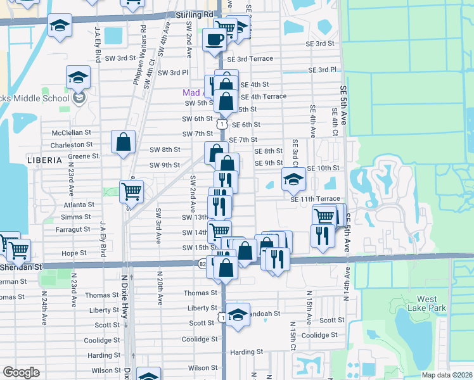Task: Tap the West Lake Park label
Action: click(432, 303)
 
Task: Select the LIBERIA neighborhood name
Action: click(44, 161)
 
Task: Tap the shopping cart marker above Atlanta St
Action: click(131, 190)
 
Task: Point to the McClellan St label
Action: click(72, 133)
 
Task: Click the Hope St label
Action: click(74, 253)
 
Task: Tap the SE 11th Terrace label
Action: click(315, 199)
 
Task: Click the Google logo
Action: click(21, 372)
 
